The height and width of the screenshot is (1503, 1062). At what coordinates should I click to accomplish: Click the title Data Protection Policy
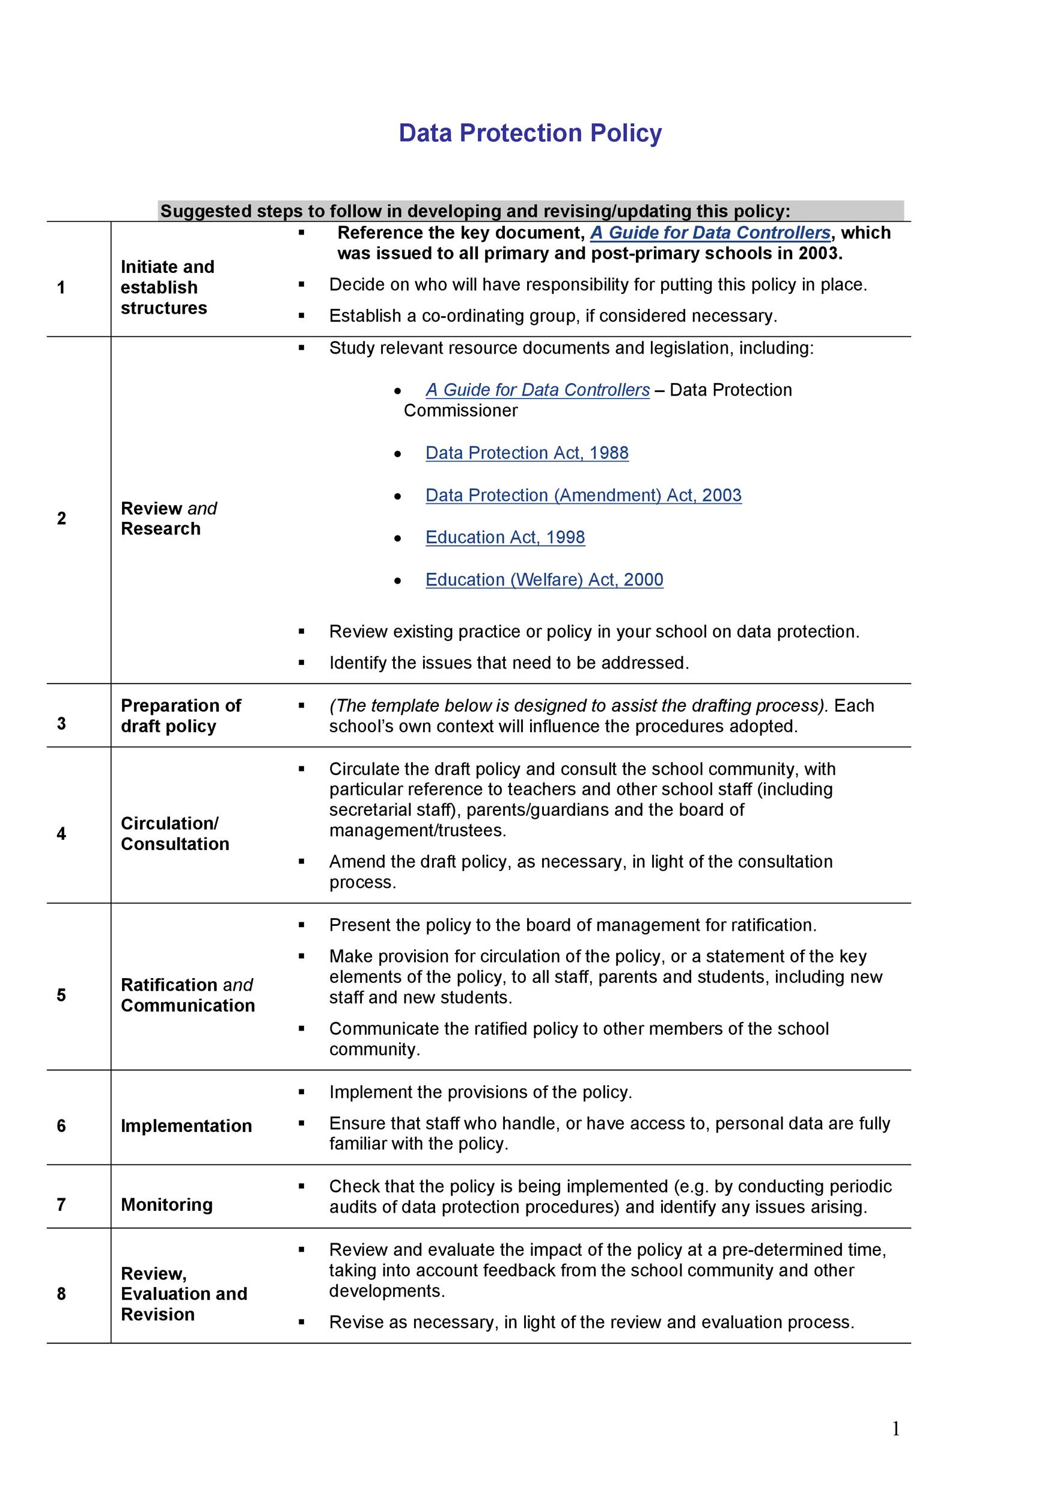530,133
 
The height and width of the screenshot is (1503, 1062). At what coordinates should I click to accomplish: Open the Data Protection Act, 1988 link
526,452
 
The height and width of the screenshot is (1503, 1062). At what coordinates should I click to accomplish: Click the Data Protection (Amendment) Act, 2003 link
583,495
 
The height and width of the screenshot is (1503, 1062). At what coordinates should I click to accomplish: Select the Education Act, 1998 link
504,537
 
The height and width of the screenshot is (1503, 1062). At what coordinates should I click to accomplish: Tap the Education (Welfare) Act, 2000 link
544,580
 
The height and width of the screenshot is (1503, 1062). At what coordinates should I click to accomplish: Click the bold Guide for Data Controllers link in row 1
710,233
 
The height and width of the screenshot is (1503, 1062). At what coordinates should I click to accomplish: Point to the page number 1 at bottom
895,1428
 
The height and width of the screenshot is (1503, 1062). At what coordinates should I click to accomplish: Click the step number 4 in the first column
61,833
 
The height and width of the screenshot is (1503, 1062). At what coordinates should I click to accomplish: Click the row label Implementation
186,1126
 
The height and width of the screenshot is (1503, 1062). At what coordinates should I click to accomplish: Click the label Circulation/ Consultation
175,833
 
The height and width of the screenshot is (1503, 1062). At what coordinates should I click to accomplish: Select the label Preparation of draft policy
180,715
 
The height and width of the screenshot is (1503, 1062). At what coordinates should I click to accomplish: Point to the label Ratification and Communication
187,995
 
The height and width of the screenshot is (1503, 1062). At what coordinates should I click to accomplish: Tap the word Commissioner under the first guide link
460,411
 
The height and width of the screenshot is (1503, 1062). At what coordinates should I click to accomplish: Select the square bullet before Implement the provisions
302,1092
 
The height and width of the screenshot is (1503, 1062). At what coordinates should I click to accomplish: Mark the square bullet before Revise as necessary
302,1322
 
